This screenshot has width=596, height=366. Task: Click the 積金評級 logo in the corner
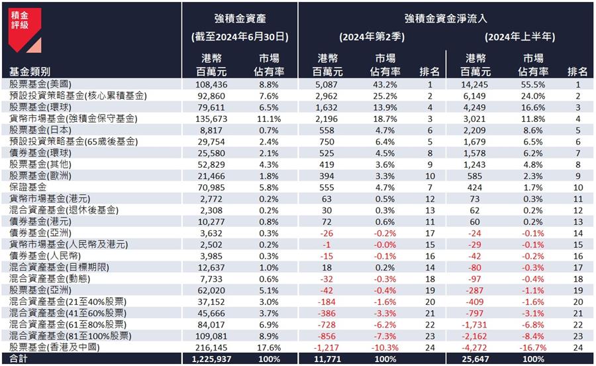click(25, 30)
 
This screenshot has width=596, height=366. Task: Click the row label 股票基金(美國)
click(38, 85)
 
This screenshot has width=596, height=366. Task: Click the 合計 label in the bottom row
click(19, 359)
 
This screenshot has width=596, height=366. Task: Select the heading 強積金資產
click(240, 17)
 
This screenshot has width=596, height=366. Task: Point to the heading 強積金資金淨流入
click(446, 17)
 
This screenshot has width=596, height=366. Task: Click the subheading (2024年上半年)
click(520, 37)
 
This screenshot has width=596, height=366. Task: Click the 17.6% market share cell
click(269, 347)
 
